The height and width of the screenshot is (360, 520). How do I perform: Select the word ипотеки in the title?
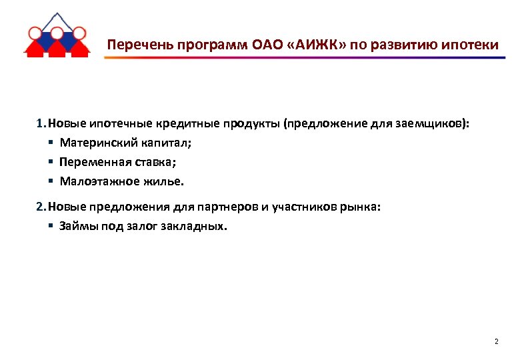[x=471, y=45]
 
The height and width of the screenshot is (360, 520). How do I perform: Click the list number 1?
[x=40, y=123]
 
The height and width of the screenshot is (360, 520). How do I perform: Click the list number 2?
[x=40, y=207]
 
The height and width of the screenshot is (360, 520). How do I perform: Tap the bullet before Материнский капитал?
[x=51, y=143]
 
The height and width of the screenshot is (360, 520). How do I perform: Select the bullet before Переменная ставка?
[x=51, y=162]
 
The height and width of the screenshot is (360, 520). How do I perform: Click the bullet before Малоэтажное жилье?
[x=51, y=181]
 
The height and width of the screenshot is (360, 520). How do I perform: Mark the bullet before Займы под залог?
[x=51, y=226]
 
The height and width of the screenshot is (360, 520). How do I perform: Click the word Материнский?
[x=91, y=143]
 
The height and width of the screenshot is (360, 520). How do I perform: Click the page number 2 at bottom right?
[x=496, y=342]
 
